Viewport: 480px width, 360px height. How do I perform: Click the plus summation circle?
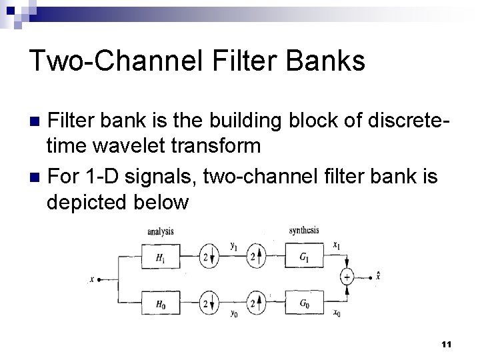coord(347,277)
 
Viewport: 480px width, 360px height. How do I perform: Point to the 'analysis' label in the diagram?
coord(161,232)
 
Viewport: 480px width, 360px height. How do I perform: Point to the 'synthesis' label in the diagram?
coord(304,231)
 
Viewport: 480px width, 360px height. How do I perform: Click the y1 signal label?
coord(233,245)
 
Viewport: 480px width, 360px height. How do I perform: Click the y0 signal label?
coord(233,313)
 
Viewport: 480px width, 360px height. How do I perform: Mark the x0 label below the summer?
coord(337,313)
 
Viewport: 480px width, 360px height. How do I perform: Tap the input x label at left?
coord(92,279)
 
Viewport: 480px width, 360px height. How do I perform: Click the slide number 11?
coord(446,344)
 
